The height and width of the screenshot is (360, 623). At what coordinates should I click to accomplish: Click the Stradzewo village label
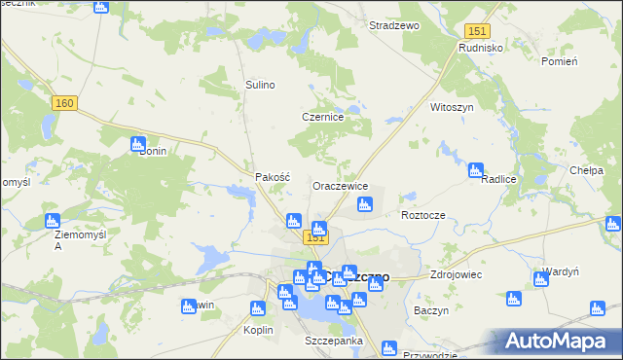point(393,26)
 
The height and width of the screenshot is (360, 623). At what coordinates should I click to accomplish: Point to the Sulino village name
point(260,85)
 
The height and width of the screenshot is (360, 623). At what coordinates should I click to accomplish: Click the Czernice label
point(323,117)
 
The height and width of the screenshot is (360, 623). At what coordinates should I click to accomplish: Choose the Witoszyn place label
point(452,108)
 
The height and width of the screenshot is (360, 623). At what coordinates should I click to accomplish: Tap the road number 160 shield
point(66,104)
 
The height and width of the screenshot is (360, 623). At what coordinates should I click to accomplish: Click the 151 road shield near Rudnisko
point(476,31)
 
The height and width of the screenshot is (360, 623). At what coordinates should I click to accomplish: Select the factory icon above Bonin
point(138,144)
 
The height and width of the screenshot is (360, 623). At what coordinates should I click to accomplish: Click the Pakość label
point(273,177)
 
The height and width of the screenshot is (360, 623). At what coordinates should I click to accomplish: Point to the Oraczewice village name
point(340,186)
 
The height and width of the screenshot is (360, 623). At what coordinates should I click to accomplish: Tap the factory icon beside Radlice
point(476,170)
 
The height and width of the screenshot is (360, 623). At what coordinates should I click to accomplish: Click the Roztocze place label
point(422,214)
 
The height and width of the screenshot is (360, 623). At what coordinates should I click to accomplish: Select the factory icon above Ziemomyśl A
point(53,222)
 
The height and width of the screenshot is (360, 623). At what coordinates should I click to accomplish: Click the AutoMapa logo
point(560,342)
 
